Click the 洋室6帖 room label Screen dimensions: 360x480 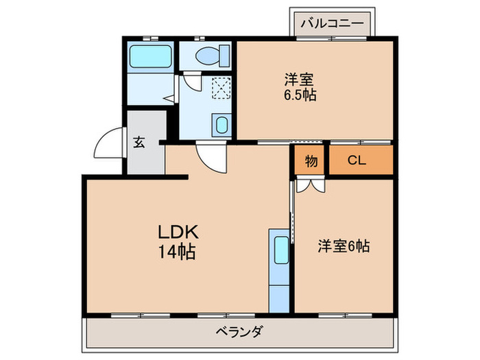pos(343,245)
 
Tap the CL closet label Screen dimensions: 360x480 pos(357,162)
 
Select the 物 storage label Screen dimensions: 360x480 pos(311,162)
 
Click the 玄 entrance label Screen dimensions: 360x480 pos(139,143)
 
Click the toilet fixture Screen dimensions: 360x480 pos(207,55)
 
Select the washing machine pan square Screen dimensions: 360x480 pos(221,88)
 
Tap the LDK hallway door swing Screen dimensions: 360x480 pos(209,158)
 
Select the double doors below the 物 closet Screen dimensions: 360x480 pos(310,185)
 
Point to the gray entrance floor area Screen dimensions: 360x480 pos(145,158)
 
